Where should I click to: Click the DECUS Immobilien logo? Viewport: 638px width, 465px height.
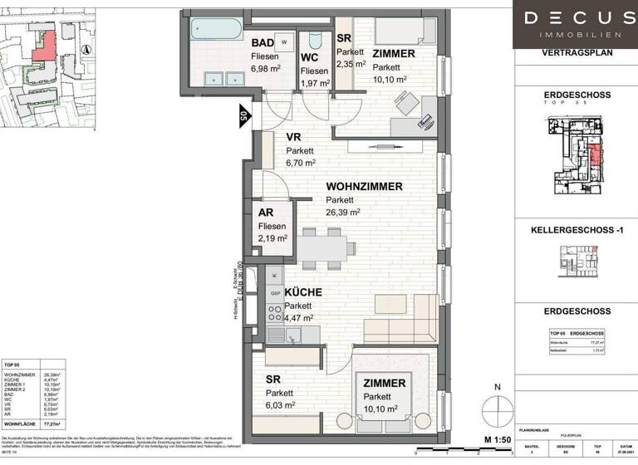(574, 23)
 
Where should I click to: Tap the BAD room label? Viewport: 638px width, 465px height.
(263, 42)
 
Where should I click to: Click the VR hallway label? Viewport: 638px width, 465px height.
(293, 138)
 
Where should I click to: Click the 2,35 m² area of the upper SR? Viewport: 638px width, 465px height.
(351, 62)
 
